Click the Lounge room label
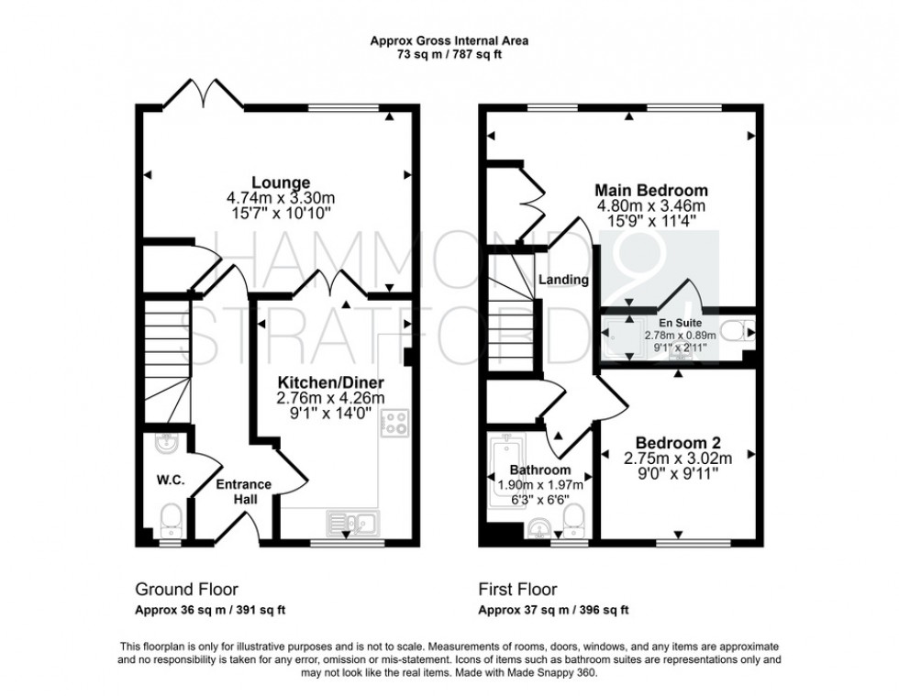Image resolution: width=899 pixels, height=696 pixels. coord(281,182)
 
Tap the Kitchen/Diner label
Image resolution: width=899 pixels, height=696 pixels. coord(331,382)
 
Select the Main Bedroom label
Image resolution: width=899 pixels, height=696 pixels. coord(651,190)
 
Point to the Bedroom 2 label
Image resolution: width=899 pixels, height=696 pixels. coord(678,443)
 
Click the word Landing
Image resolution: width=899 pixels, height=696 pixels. coord(563,280)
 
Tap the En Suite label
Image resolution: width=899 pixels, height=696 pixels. coord(680,323)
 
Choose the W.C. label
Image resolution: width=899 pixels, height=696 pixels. coord(171,481)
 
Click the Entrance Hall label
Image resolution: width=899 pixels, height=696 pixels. coord(244,492)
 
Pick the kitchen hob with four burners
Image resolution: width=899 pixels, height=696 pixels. coord(394,423)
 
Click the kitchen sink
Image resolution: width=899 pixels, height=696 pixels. coord(352,523)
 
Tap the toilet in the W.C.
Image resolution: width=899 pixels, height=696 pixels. coord(171,518)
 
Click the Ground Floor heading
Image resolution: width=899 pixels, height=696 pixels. coord(186,590)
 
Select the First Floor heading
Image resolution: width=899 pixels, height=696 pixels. coord(517,590)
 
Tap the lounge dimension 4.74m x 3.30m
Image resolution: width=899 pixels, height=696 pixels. coord(281,198)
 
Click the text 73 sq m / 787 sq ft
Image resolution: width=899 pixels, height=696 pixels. coord(449,55)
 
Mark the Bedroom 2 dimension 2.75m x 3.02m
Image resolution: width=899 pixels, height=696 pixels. coord(678,458)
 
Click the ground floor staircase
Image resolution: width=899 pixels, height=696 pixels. coord(166,362)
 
